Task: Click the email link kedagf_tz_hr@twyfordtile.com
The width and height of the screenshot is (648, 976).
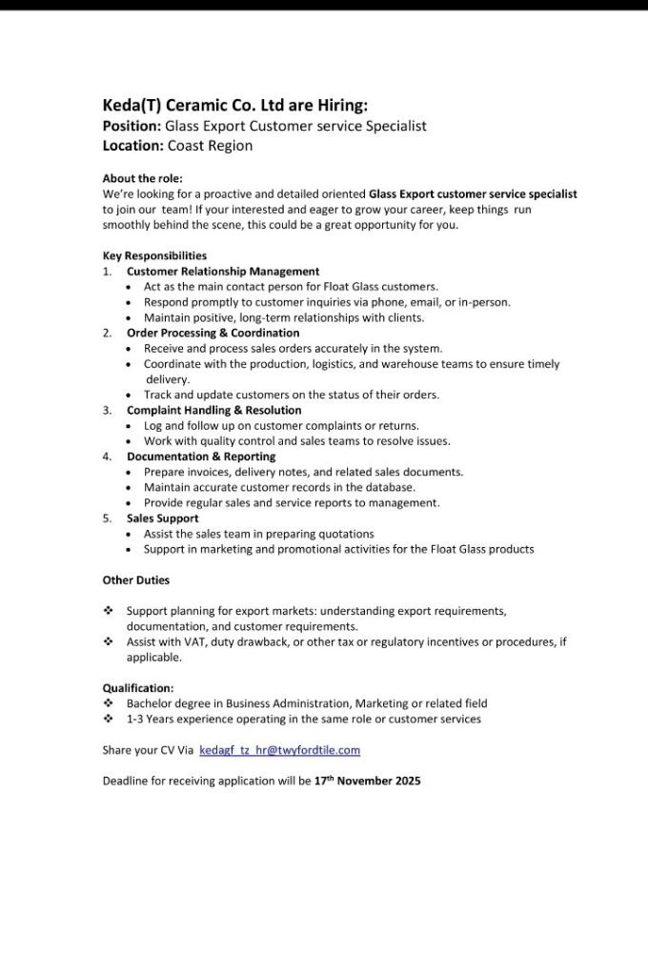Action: tap(279, 750)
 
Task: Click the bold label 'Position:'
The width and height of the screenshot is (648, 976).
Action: tap(132, 126)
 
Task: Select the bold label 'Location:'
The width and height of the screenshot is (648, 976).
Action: tap(133, 146)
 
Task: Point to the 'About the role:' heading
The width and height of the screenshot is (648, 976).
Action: tap(142, 178)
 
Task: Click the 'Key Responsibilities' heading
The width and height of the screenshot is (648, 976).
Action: tap(154, 255)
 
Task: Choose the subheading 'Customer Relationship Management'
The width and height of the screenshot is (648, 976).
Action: tap(223, 272)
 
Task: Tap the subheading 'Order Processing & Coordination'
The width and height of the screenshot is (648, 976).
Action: tap(213, 334)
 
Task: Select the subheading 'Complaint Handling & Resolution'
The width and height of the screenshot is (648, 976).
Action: tap(213, 410)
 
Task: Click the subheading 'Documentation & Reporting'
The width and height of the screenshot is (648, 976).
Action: tap(201, 457)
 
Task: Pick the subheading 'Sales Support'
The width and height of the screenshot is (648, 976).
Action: tap(163, 518)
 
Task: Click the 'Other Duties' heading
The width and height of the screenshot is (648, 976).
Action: tap(136, 579)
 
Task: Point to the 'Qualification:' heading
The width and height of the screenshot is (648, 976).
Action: tap(138, 687)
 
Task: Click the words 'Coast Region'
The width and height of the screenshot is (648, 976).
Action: tap(211, 146)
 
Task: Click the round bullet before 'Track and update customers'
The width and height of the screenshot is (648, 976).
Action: tap(131, 395)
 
